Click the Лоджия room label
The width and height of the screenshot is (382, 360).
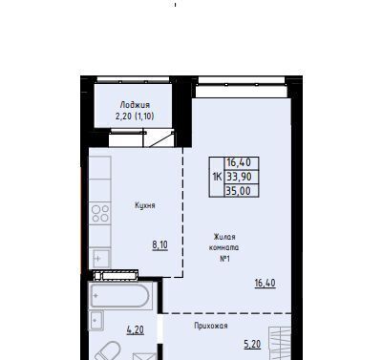(135, 105)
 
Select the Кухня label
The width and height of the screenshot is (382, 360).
(145, 205)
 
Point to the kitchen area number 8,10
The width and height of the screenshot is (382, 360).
(159, 245)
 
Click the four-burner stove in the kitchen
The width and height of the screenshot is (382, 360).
(100, 213)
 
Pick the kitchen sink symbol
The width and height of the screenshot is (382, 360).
(100, 258)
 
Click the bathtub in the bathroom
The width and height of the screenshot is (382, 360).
(119, 296)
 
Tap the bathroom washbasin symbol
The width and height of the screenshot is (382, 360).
(96, 321)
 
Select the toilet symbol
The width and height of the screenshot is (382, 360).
(107, 351)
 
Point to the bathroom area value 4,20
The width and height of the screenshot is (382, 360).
(135, 329)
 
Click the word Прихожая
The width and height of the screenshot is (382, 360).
(211, 326)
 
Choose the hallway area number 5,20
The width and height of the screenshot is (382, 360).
(252, 344)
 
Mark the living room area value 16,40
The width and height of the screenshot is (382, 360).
(265, 283)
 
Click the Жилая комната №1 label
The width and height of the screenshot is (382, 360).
(224, 247)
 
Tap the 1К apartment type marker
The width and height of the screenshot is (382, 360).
(217, 177)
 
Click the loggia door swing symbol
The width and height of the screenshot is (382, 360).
(161, 139)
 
